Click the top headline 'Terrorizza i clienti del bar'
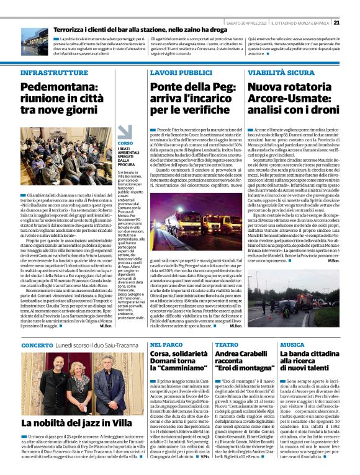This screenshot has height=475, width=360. click(127, 29)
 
